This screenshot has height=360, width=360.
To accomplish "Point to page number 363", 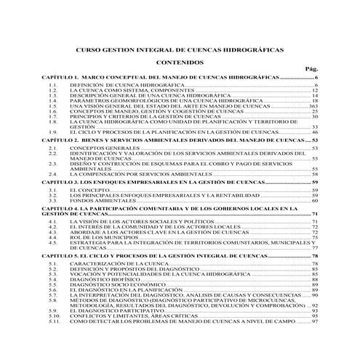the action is (x=313, y=105).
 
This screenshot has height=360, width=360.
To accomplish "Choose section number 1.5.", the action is (x=52, y=105).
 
